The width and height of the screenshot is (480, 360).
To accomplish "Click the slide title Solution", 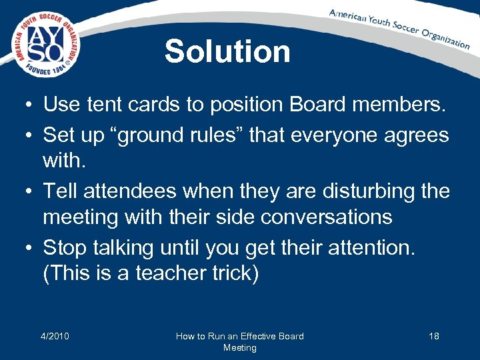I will coord(227,51).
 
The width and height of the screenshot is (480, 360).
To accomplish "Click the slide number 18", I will coord(433,336).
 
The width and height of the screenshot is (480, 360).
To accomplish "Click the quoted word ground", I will coord(153,135).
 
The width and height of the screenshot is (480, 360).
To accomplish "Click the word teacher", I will coord(174,273).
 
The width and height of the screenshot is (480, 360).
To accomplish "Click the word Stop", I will coord(66,248).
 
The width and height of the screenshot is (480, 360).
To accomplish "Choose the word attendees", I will coord(134,192).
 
